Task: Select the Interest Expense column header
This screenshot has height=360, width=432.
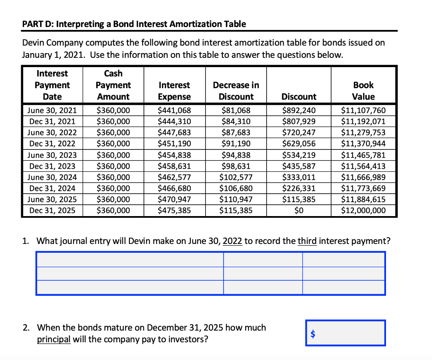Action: [174, 91]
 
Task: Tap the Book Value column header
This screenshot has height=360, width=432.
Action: [363, 91]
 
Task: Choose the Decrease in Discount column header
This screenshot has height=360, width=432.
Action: [236, 91]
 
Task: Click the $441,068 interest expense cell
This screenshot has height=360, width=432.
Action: [174, 111]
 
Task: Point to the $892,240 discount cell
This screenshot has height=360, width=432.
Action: [299, 111]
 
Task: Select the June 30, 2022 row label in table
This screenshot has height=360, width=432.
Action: [52, 133]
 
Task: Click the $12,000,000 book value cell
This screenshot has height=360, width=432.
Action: [363, 210]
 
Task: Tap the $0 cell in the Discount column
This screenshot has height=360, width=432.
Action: [299, 210]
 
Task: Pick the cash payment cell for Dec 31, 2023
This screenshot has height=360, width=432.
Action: [113, 166]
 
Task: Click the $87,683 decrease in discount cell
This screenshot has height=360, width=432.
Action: [236, 133]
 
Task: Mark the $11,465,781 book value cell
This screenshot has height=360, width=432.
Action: [363, 155]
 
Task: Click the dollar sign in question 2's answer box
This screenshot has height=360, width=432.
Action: [313, 334]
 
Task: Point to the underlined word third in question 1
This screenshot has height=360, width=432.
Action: [307, 241]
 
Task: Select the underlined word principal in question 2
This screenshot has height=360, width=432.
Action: [54, 339]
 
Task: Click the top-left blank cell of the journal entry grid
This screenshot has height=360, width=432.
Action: [130, 260]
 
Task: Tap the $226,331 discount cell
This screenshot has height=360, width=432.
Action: [299, 188]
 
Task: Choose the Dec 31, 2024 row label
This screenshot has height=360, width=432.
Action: [52, 188]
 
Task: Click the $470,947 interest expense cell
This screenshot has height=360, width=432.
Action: [174, 199]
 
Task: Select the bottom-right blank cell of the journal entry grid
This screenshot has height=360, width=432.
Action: [343, 287]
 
